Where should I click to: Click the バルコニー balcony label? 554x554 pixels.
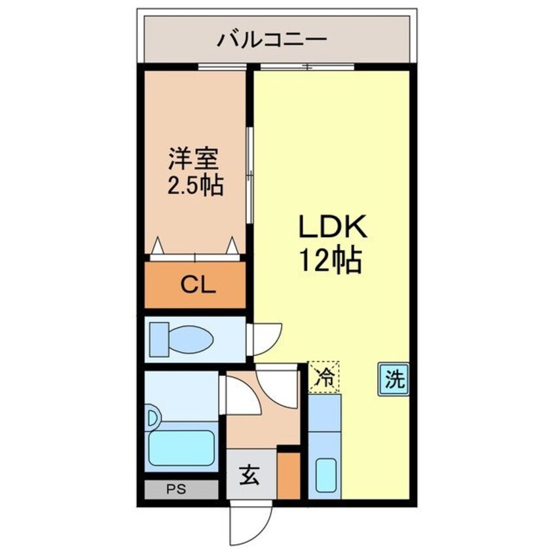[x=271, y=39]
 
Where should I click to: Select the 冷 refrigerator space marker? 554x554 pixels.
[x=324, y=377]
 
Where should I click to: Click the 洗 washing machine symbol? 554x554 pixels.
[x=393, y=379]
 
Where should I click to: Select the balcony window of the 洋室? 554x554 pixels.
[x=223, y=67]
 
